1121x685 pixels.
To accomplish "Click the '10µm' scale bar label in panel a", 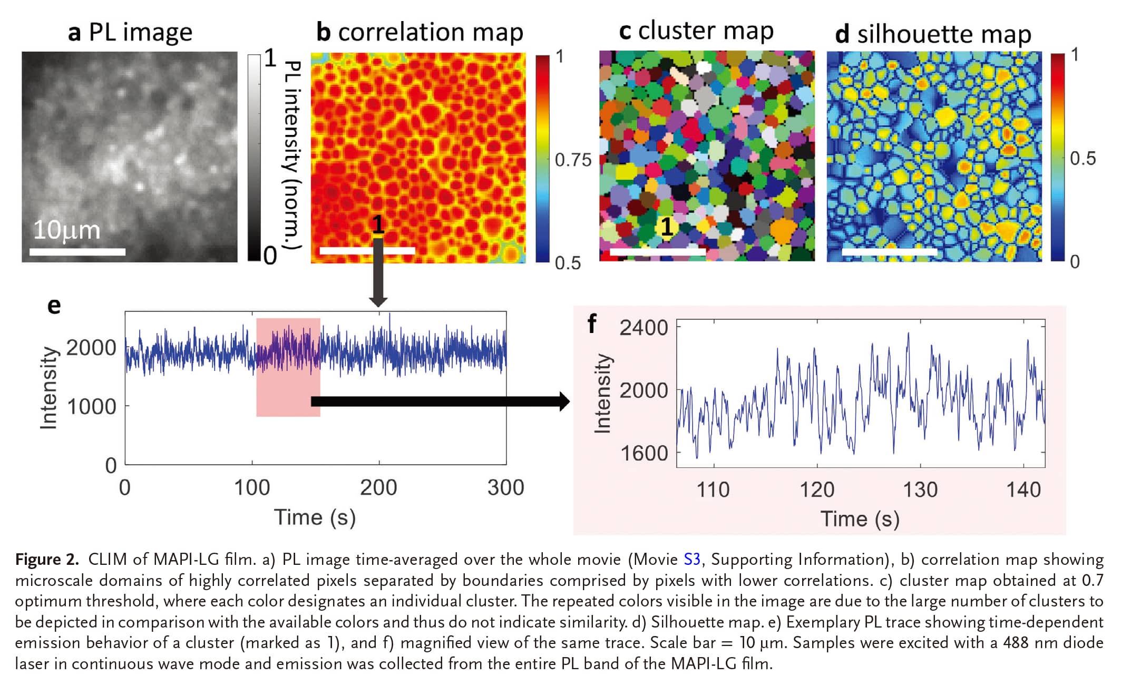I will click(x=67, y=230).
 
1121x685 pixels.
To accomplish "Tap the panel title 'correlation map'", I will click(x=430, y=32).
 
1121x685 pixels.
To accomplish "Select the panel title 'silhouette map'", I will click(x=943, y=34).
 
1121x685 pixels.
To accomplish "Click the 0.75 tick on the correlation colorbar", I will click(x=573, y=160).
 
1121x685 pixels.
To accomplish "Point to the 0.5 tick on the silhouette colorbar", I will click(x=1083, y=158).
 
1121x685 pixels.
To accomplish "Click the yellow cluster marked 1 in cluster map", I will click(x=667, y=227).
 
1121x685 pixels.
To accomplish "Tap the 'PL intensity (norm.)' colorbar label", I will click(x=293, y=155).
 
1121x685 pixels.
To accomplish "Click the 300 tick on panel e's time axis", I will click(x=505, y=487).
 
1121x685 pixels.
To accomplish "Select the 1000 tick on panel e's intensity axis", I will click(x=91, y=407).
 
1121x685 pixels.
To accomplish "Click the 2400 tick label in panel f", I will click(x=644, y=328).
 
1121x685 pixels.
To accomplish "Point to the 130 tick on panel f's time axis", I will click(x=920, y=490).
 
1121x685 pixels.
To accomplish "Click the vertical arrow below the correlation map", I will click(x=378, y=274).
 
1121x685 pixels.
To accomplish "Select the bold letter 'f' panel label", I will click(x=592, y=323).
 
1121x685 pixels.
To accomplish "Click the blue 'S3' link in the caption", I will click(x=691, y=559).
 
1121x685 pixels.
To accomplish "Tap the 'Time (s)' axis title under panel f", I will click(x=860, y=519).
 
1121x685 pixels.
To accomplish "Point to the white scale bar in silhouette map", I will click(x=889, y=252).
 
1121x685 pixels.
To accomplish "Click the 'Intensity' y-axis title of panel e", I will click(x=48, y=388).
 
